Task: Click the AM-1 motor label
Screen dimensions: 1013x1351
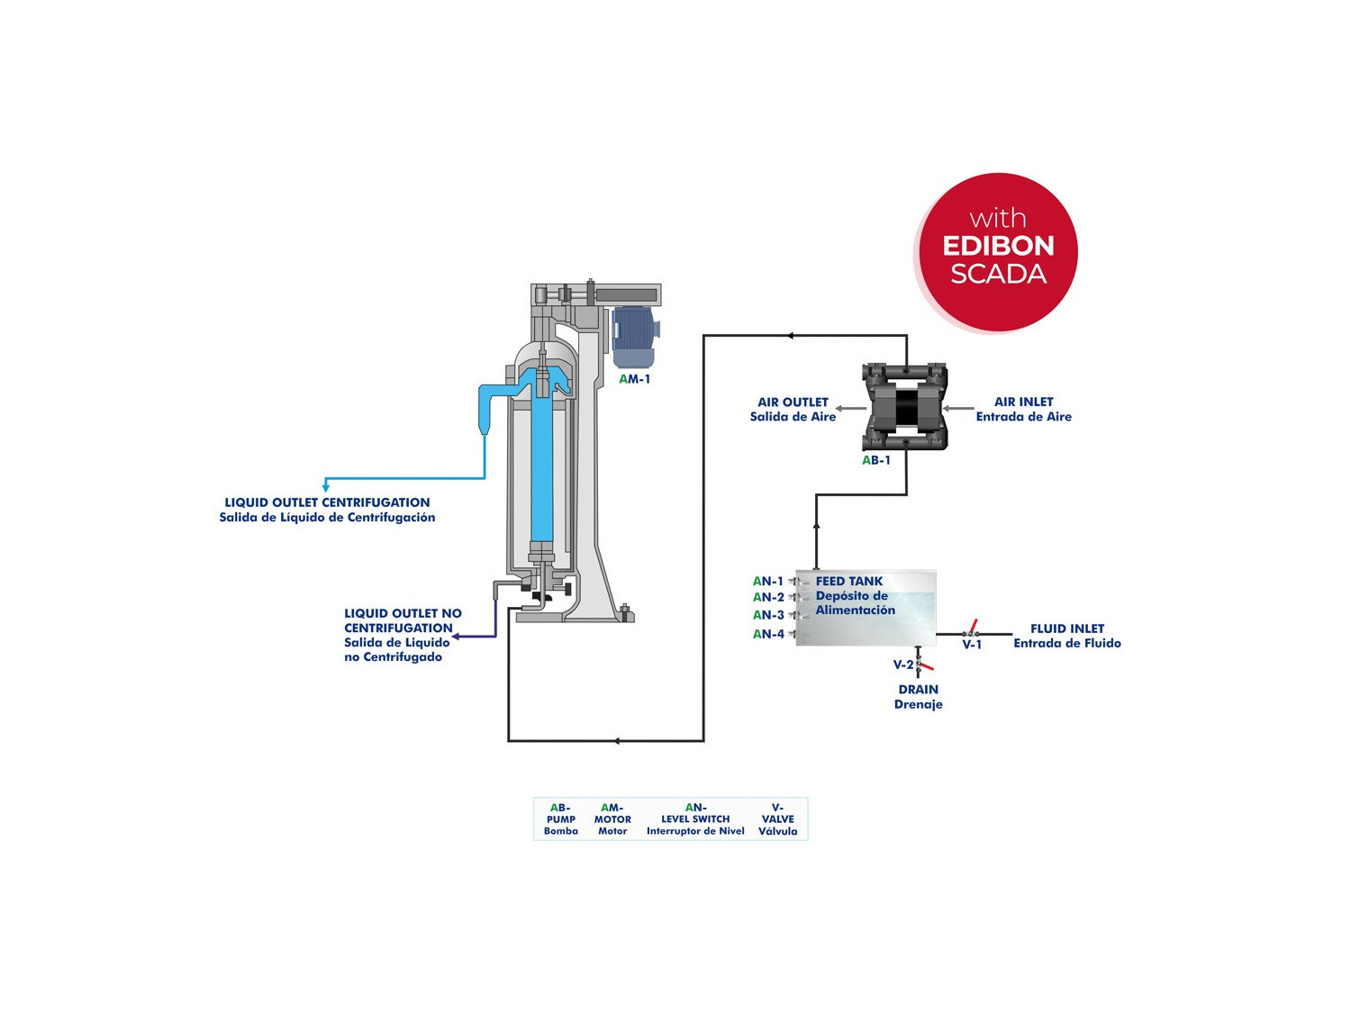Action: pyautogui.click(x=635, y=379)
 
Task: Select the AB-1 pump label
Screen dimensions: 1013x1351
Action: pyautogui.click(x=876, y=460)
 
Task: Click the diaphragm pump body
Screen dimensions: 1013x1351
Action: pyautogui.click(x=905, y=408)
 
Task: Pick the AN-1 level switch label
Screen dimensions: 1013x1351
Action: pyautogui.click(x=768, y=582)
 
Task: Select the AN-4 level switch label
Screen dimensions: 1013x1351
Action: pyautogui.click(x=768, y=634)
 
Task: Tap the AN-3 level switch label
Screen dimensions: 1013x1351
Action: pyautogui.click(x=768, y=615)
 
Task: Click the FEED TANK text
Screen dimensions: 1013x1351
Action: pyautogui.click(x=849, y=582)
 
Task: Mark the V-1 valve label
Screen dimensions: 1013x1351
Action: pyautogui.click(x=972, y=645)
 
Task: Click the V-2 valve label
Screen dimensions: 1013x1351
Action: pyautogui.click(x=902, y=665)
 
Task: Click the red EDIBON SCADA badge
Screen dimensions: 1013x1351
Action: pyautogui.click(x=998, y=251)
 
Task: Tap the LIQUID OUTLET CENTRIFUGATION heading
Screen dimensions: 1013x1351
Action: pyautogui.click(x=327, y=502)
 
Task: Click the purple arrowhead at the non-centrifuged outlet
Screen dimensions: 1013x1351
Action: pyautogui.click(x=457, y=637)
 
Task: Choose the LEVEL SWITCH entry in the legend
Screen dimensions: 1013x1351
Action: pyautogui.click(x=695, y=819)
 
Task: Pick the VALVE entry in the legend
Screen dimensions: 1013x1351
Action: pyautogui.click(x=778, y=819)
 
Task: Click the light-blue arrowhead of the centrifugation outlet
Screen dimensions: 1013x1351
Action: pyautogui.click(x=326, y=487)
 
